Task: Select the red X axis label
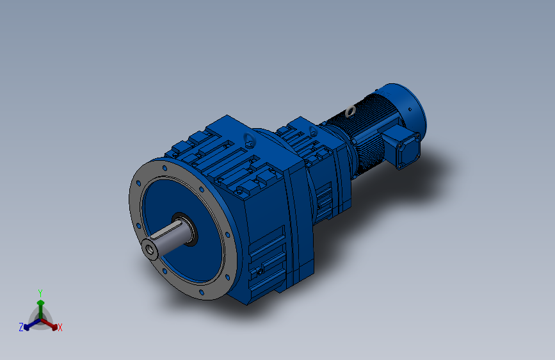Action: click(x=60, y=328)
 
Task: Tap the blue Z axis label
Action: click(x=21, y=327)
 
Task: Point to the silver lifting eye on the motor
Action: click(x=350, y=111)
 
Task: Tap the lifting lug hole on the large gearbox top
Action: click(x=247, y=138)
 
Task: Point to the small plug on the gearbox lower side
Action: click(x=260, y=272)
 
